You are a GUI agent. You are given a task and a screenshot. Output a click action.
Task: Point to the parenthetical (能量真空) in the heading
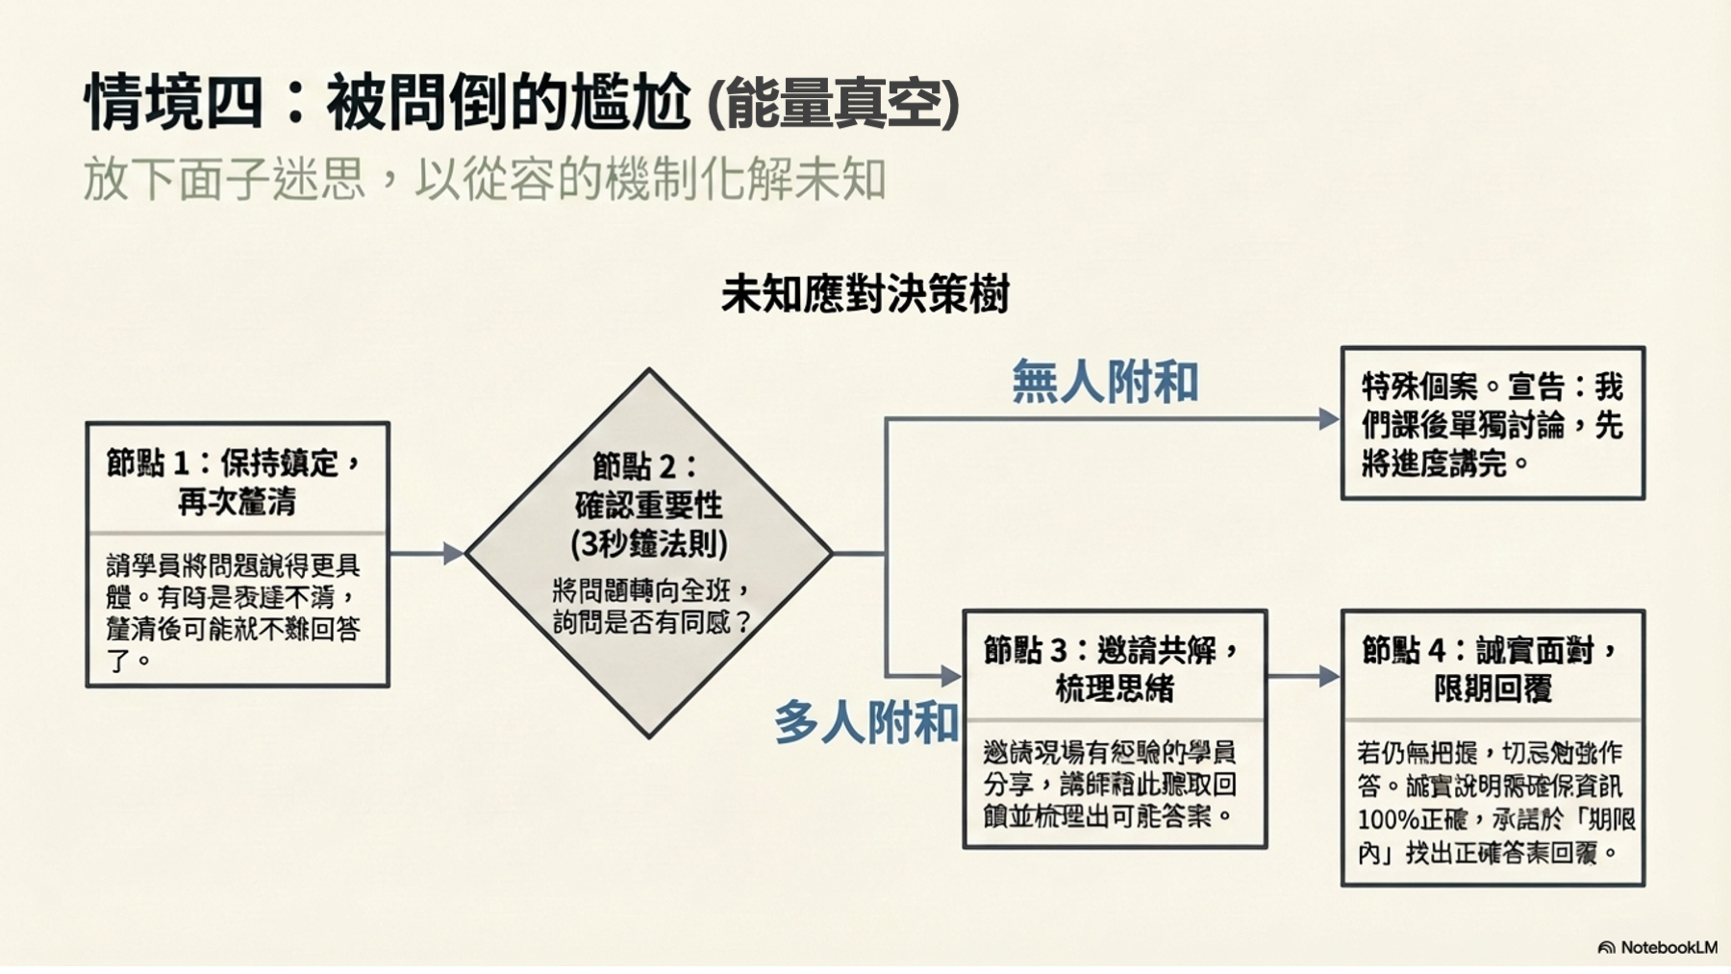(x=833, y=104)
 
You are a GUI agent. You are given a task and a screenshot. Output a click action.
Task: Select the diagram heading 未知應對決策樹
(x=865, y=294)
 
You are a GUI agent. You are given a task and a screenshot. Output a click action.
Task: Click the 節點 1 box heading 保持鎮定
(x=237, y=481)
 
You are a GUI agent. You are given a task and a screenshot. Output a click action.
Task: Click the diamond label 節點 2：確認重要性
(x=648, y=486)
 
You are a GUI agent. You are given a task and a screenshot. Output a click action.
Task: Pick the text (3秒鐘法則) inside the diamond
(x=648, y=544)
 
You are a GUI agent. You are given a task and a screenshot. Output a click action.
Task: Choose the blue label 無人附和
(x=1105, y=382)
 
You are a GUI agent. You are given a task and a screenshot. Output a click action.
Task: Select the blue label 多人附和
(x=865, y=722)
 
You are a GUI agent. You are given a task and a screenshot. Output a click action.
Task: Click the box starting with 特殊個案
(x=1492, y=424)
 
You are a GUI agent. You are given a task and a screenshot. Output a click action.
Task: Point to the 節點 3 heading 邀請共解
(x=1114, y=668)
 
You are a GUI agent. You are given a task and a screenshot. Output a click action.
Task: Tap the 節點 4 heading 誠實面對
(x=1492, y=668)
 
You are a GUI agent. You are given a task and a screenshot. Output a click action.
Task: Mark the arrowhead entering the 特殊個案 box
(x=1329, y=418)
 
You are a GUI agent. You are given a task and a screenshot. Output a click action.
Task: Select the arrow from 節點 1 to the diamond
(x=427, y=553)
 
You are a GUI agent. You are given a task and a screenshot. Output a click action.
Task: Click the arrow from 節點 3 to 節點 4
(x=1304, y=676)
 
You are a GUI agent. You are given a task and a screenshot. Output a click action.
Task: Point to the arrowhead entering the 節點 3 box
(x=951, y=676)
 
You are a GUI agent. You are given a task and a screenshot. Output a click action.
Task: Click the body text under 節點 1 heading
(x=234, y=612)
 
